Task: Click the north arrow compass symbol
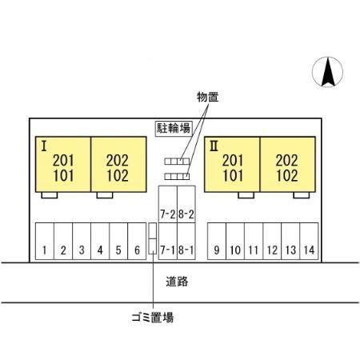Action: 327,72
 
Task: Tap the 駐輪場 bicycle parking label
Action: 174,129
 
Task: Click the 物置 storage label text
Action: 208,97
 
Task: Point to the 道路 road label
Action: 177,282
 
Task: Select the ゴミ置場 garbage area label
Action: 153,318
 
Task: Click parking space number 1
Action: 45,241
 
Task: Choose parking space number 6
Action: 137,241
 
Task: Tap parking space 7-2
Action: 168,204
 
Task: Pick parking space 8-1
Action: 186,241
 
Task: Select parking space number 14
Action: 309,241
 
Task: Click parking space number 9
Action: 217,241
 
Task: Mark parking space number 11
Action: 254,241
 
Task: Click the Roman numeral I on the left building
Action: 44,146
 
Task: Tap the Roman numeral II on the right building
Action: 214,146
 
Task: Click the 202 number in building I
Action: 118,161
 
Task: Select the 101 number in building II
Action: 233,176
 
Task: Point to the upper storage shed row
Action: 177,162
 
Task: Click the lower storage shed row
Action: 177,177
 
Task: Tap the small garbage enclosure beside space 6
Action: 153,238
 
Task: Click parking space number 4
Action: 100,241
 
